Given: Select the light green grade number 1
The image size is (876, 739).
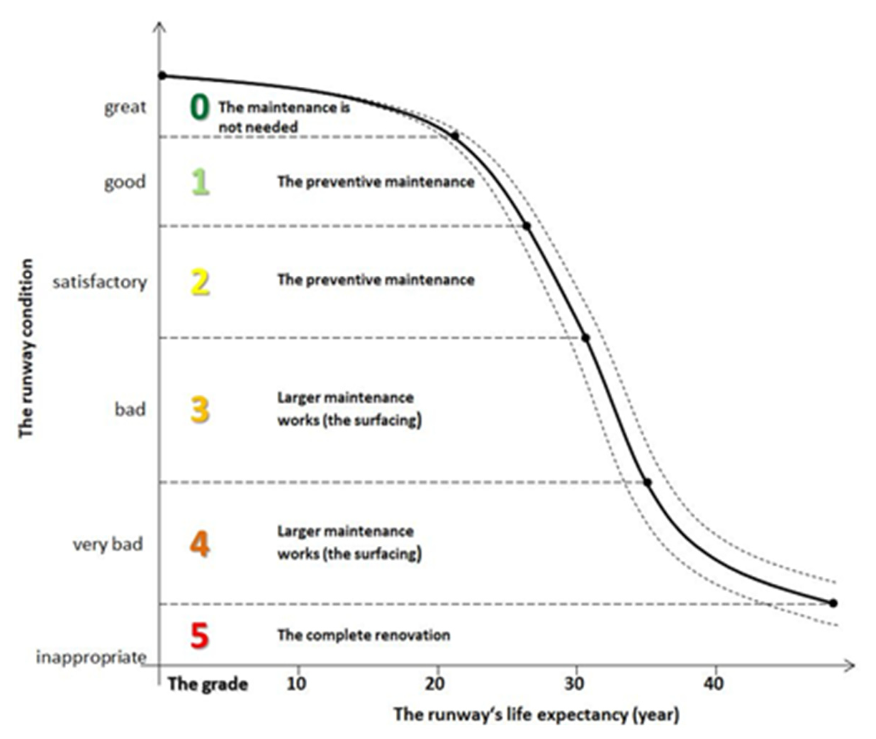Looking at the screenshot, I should (200, 182).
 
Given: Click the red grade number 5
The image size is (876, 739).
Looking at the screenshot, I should (199, 636).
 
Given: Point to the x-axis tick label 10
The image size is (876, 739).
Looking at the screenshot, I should (296, 684).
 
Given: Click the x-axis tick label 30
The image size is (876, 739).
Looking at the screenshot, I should (574, 684).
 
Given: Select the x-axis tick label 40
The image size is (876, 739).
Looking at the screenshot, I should (713, 684).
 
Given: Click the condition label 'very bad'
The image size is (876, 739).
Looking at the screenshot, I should (108, 544).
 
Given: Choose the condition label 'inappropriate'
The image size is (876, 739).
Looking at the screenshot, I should (91, 657).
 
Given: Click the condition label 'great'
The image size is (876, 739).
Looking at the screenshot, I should (125, 107).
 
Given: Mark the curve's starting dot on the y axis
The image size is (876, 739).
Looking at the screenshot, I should (162, 76).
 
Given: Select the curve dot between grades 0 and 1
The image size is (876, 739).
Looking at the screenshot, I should (455, 135).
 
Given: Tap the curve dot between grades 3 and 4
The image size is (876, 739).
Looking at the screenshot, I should (647, 483).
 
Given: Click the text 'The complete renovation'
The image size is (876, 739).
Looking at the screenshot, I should (364, 635).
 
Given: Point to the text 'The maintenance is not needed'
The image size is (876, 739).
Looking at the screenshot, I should (283, 117).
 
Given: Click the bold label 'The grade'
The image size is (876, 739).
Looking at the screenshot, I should (208, 684).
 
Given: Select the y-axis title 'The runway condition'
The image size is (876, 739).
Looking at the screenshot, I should (26, 348).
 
